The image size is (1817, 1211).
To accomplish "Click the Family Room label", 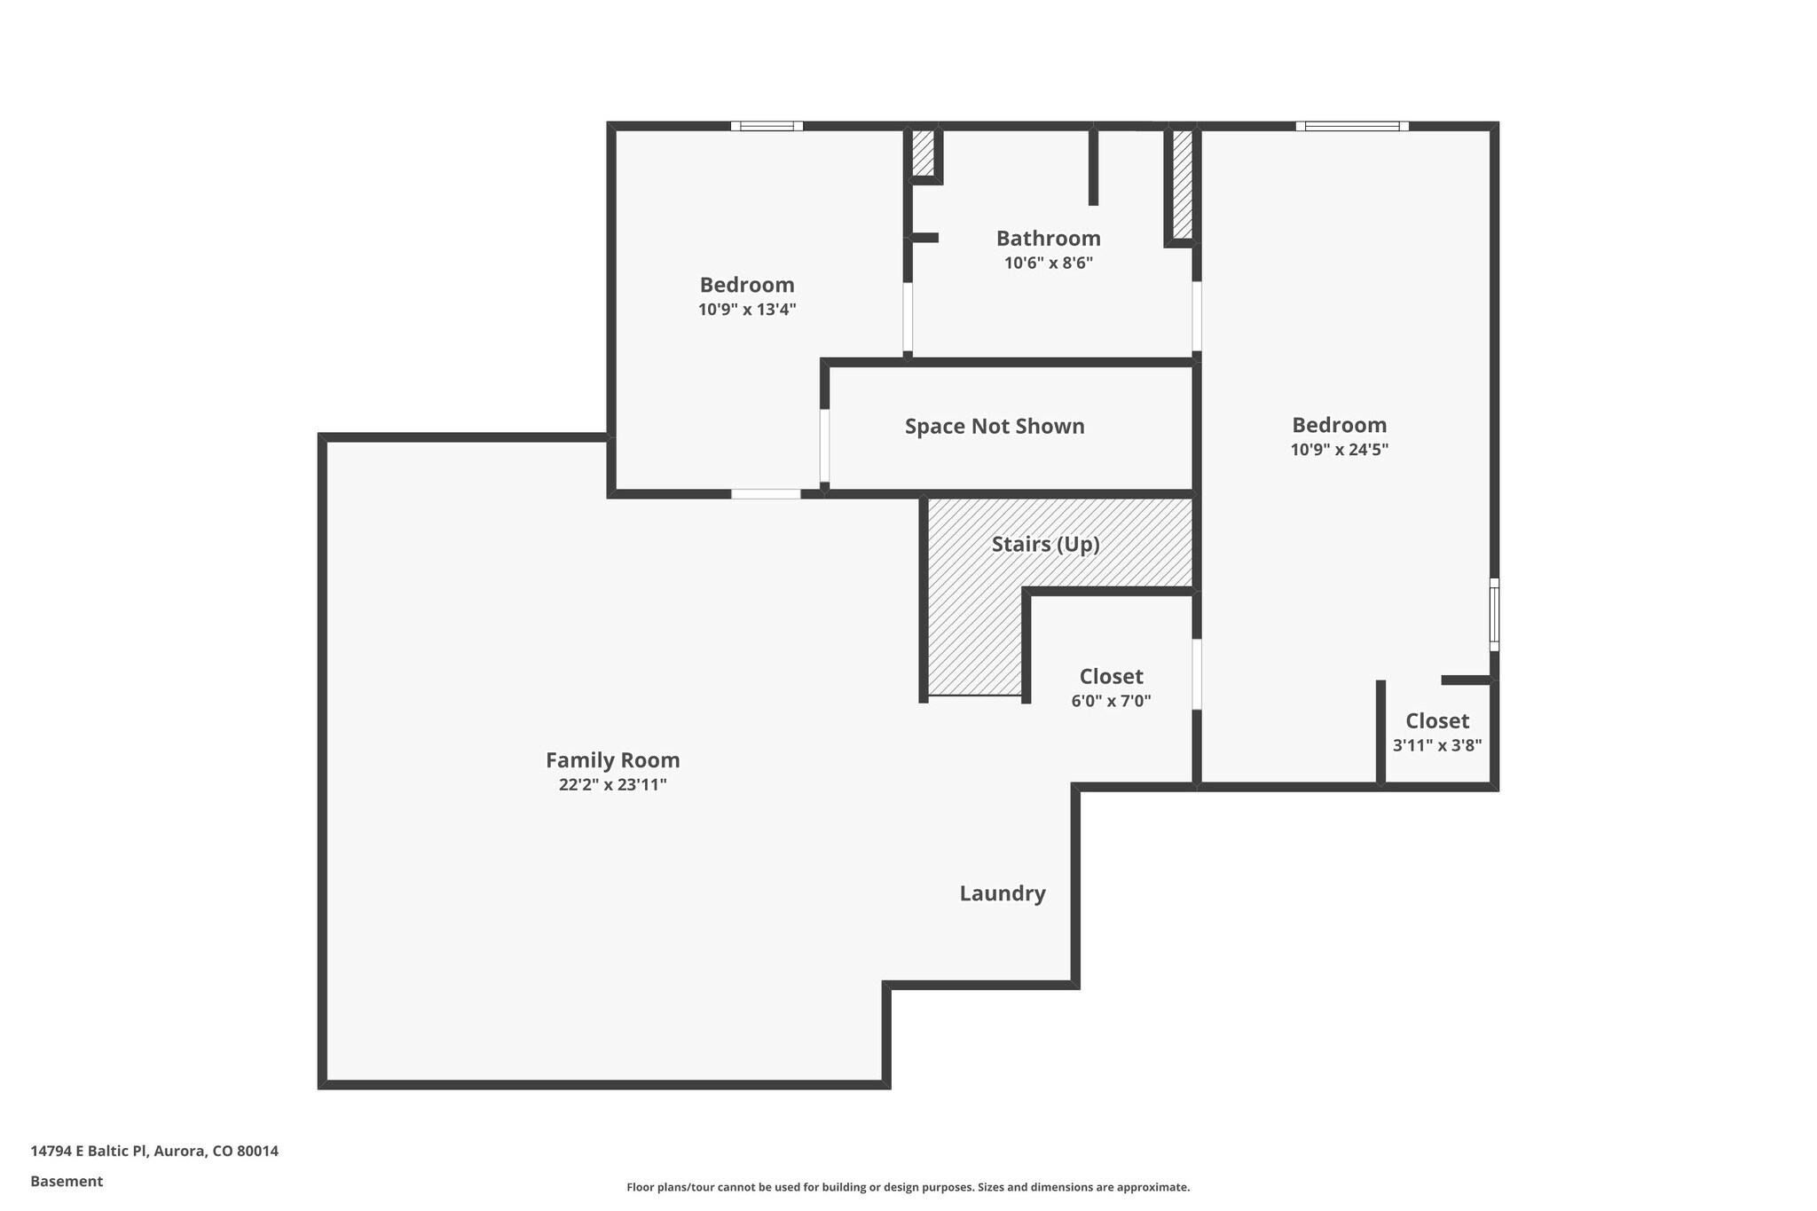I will coord(612,760).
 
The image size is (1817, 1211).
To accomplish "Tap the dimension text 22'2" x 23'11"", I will coord(612,785).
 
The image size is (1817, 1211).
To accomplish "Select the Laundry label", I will coord(1003,893).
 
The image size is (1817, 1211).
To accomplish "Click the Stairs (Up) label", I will coord(1045,544).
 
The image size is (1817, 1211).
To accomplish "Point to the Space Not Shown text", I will coord(995,427).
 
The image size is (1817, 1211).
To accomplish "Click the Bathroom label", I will coord(1048,239).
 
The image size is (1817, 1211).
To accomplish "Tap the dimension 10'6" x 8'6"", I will coord(1048,263).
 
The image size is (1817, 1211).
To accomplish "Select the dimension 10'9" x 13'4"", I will coord(747,310).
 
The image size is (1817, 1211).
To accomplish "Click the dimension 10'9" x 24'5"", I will coord(1339,450).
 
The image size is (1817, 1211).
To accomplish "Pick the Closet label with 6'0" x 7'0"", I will coord(1111,677).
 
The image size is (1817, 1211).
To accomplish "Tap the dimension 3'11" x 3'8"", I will coord(1436,746).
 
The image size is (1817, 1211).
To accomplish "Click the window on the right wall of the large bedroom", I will coord(1494,614).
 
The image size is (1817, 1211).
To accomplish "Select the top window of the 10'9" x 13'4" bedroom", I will coord(767,126).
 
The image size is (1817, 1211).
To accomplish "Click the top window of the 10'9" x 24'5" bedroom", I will coord(1351,126).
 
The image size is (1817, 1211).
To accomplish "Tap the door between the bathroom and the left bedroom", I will coord(908,317).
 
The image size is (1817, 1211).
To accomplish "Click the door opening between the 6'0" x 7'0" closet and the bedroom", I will coord(1197,674).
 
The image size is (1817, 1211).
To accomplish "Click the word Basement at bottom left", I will coord(67,1182).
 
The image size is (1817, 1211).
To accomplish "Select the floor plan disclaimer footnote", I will coord(908,1187).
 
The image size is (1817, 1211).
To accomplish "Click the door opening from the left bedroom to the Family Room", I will coord(766,494).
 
